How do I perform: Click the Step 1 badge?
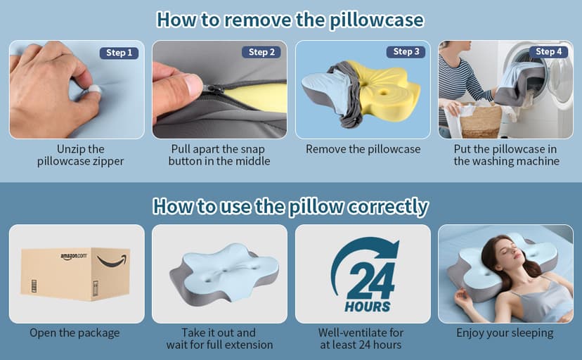119,53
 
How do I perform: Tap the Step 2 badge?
262,52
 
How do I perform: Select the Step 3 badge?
406,51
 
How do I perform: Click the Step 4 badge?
549,51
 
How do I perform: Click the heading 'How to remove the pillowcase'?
290,19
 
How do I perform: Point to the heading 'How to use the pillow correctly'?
290,207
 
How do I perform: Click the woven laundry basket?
480,120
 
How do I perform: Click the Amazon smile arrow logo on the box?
112,262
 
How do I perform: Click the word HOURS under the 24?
367,307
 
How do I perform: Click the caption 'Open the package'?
75,333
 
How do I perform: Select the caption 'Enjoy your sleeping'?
505,333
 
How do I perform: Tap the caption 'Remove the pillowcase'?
363,149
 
